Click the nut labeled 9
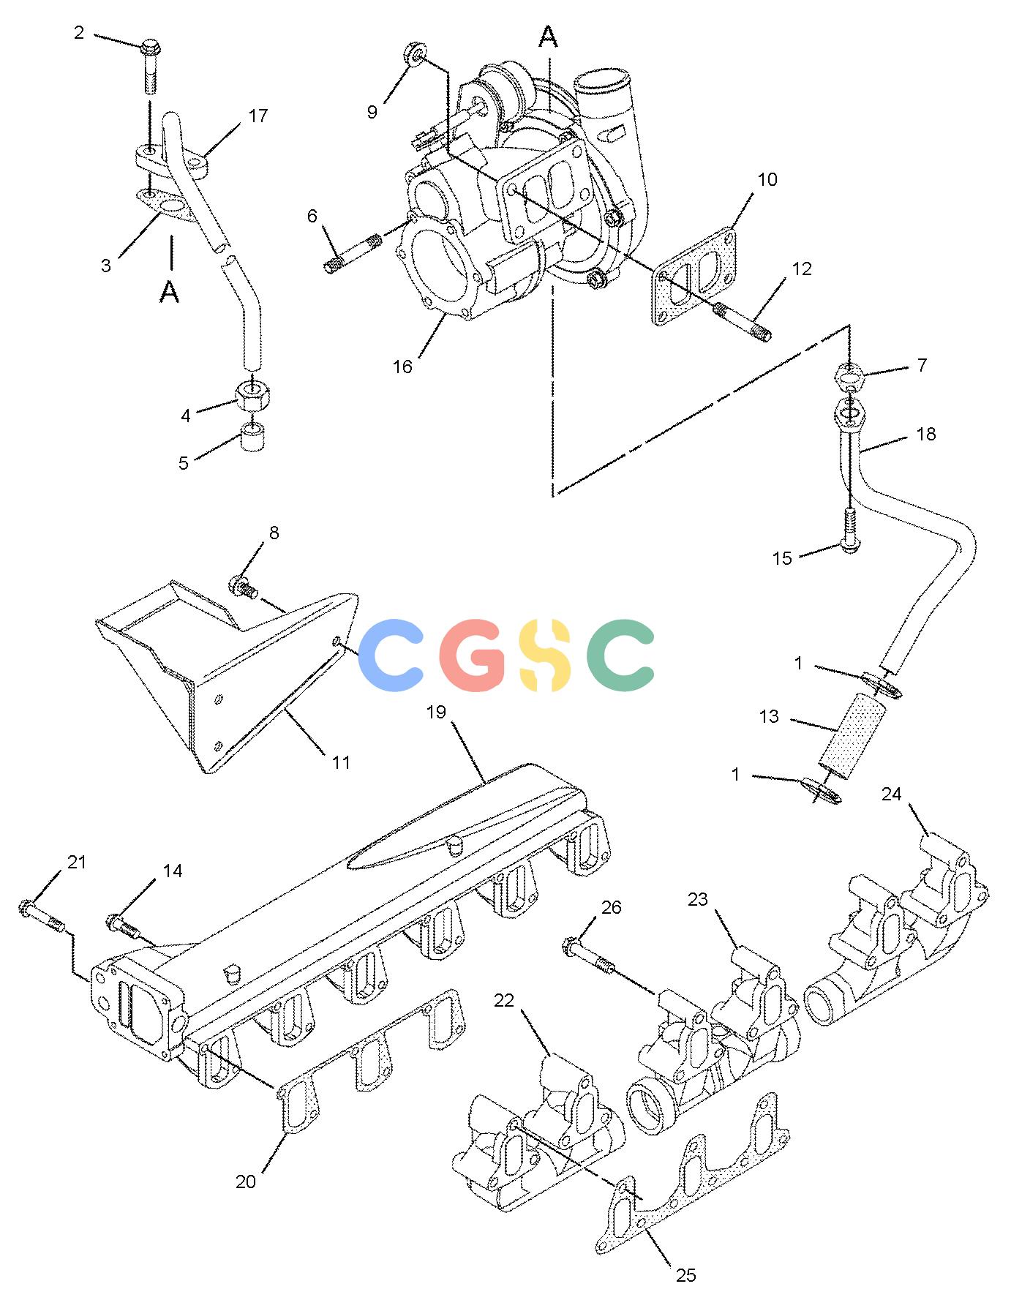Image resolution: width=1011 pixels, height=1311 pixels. click(414, 54)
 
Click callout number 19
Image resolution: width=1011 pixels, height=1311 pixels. click(436, 711)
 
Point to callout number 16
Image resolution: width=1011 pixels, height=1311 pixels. click(403, 367)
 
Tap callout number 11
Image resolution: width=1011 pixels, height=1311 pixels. click(341, 762)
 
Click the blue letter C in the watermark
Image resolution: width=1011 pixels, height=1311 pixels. click(394, 656)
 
